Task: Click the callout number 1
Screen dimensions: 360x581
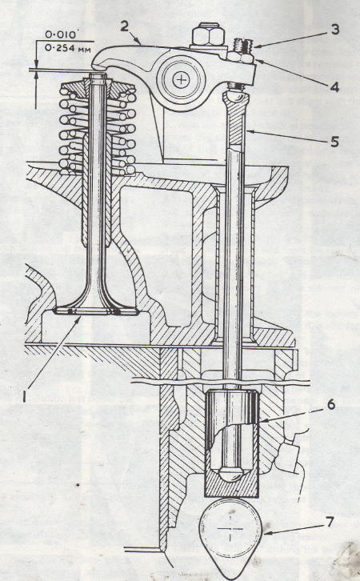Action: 24,397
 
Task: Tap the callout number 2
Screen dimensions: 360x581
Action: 125,26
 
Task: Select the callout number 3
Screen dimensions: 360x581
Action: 335,30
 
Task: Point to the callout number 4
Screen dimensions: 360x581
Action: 334,87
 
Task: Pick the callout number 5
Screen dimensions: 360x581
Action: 334,142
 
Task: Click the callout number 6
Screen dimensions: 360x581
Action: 330,404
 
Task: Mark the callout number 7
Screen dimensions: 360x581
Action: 330,523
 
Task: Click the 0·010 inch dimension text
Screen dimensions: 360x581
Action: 60,35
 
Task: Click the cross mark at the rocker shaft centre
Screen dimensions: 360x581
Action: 181,80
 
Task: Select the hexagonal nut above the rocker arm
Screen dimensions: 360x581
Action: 208,35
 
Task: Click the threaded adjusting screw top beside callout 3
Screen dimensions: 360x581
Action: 242,46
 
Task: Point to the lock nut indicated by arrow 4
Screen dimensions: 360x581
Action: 240,58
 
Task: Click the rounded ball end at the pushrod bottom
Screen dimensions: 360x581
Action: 230,475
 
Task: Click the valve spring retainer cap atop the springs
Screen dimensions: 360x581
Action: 98,86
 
